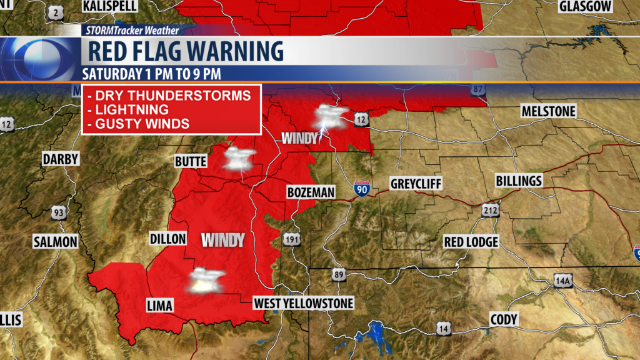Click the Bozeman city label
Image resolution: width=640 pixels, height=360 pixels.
[311, 192]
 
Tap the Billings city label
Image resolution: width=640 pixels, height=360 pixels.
[518, 181]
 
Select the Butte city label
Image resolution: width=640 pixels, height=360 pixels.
[191, 162]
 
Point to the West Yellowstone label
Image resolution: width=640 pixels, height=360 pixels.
[303, 304]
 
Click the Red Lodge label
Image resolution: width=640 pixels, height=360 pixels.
[471, 242]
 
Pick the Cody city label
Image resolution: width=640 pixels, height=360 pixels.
[504, 319]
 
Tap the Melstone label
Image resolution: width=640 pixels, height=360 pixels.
[548, 111]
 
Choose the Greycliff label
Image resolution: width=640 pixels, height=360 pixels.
[416, 184]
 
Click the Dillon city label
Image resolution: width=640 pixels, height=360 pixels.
[168, 239]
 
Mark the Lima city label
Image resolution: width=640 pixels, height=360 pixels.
[159, 305]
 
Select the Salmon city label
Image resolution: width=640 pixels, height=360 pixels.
[55, 242]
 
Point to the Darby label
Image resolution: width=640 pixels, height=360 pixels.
[61, 159]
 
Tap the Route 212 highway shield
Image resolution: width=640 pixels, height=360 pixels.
[489, 211]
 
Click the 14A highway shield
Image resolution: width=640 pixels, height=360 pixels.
[562, 282]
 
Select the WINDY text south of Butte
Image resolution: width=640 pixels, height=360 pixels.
[222, 239]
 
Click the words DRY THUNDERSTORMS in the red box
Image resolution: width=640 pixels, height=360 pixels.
[169, 96]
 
